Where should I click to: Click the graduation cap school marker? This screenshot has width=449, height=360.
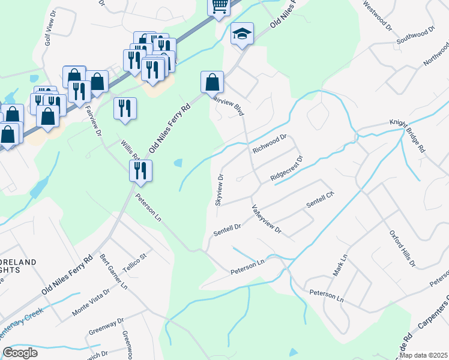[242, 34]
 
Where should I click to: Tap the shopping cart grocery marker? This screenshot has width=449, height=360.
[219, 6]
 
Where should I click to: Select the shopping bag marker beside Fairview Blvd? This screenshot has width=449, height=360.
[212, 82]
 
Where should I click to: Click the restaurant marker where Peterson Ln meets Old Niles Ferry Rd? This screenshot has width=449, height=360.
[141, 170]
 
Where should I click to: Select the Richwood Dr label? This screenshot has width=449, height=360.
[270, 144]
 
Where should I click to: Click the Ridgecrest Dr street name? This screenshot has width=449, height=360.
[287, 169]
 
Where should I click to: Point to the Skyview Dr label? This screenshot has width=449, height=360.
[220, 190]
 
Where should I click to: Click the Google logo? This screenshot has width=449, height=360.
[20, 353]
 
